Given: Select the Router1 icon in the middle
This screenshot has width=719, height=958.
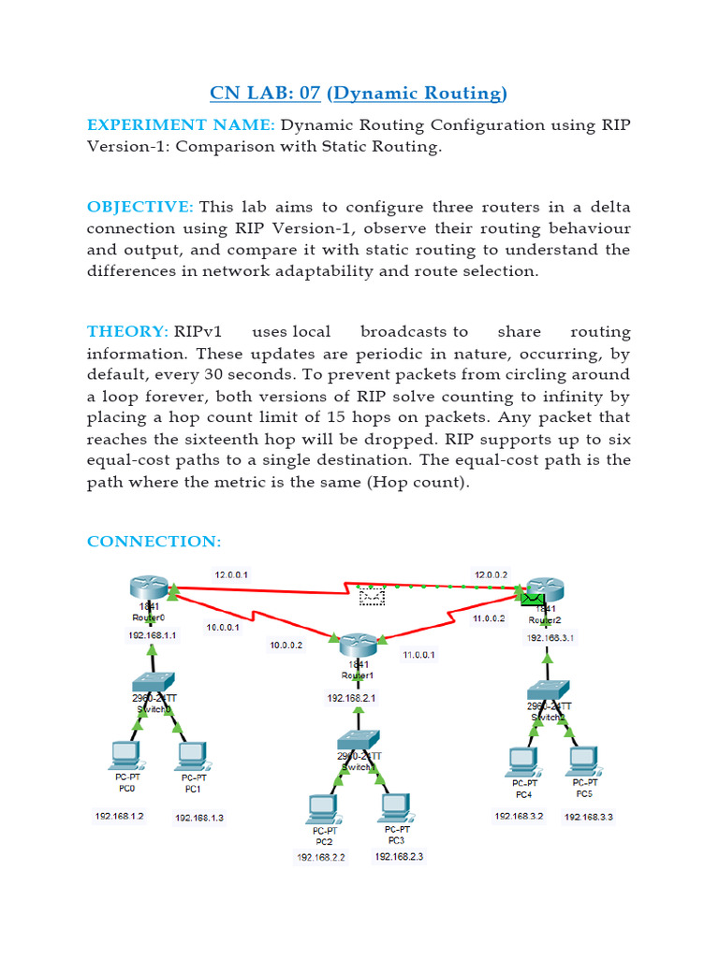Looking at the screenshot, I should pos(358,645).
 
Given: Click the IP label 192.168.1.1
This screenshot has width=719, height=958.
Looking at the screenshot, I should pos(153,635).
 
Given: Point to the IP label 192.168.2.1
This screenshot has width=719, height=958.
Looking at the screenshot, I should pos(351,698).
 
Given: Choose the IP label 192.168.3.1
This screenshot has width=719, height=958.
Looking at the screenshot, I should pos(550,638).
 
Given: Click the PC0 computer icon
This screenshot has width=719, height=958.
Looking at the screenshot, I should pos(124,754).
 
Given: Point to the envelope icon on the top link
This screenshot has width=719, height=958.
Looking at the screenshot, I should pos(372,592).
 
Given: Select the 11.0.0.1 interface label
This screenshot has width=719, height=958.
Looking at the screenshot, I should pos(418,655).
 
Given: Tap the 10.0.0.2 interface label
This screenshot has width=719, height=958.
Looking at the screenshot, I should pos(286,645).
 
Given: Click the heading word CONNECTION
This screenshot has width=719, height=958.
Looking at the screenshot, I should pos(154,542).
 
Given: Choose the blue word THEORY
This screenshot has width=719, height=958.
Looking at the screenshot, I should pos(126,332).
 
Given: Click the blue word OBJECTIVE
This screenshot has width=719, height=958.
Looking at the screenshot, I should pos(139,206).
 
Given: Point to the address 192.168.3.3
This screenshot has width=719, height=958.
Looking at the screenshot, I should pos(588,817).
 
